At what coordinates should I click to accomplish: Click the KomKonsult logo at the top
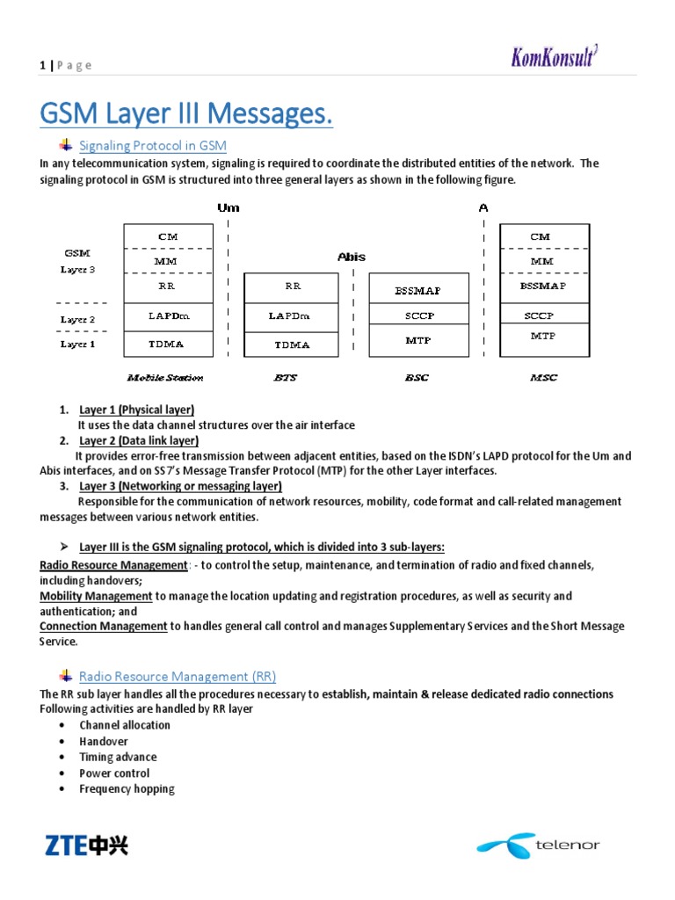coord(557,57)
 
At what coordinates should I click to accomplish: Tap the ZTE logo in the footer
coord(86,846)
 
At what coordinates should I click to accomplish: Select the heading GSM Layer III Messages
coord(187,114)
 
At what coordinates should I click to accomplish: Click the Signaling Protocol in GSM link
coord(153,145)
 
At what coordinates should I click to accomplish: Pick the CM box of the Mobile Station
coord(168,236)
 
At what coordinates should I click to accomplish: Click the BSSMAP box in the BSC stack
coord(417,289)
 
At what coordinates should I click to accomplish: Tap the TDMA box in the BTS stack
coord(291,345)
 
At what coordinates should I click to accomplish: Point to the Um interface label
coord(228,208)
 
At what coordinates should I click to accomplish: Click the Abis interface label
coord(352,258)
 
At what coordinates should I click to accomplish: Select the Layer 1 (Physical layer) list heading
coord(136,410)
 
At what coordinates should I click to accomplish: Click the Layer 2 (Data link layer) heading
coord(139,440)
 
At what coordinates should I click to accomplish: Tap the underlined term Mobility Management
coord(96,596)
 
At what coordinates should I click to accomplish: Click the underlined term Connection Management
coord(104,626)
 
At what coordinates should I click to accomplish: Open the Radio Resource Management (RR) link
coord(178,676)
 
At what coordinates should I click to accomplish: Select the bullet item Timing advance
coord(118,757)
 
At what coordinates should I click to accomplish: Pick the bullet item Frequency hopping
coord(127,788)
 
